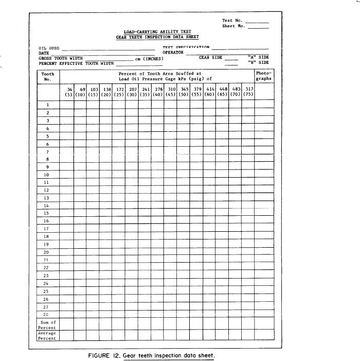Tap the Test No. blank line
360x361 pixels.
tap(257, 22)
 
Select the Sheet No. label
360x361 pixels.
tap(232, 26)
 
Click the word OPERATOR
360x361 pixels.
tap(173, 53)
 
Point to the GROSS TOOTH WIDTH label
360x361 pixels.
tap(61, 58)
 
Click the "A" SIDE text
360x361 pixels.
tap(258, 57)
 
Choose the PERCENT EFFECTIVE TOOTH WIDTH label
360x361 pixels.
tap(76, 63)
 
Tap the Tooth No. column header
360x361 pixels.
tap(48, 77)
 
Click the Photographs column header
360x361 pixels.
tap(263, 77)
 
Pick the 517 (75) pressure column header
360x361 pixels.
tap(249, 92)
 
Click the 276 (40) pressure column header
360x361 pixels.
tap(158, 92)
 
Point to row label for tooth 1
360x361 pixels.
tap(47, 105)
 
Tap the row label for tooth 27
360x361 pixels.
tap(47, 306)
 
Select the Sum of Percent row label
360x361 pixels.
tap(47, 325)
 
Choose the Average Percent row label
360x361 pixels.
tap(47, 336)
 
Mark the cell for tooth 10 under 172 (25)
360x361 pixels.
tap(119, 174)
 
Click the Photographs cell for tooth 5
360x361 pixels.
tap(264, 136)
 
